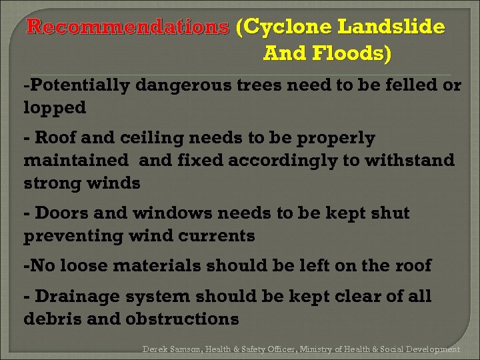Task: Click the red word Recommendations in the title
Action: tap(127, 27)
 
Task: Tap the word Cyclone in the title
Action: tap(287, 27)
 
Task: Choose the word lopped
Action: tap(55, 107)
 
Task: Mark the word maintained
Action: tap(75, 161)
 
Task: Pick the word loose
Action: tap(85, 266)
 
